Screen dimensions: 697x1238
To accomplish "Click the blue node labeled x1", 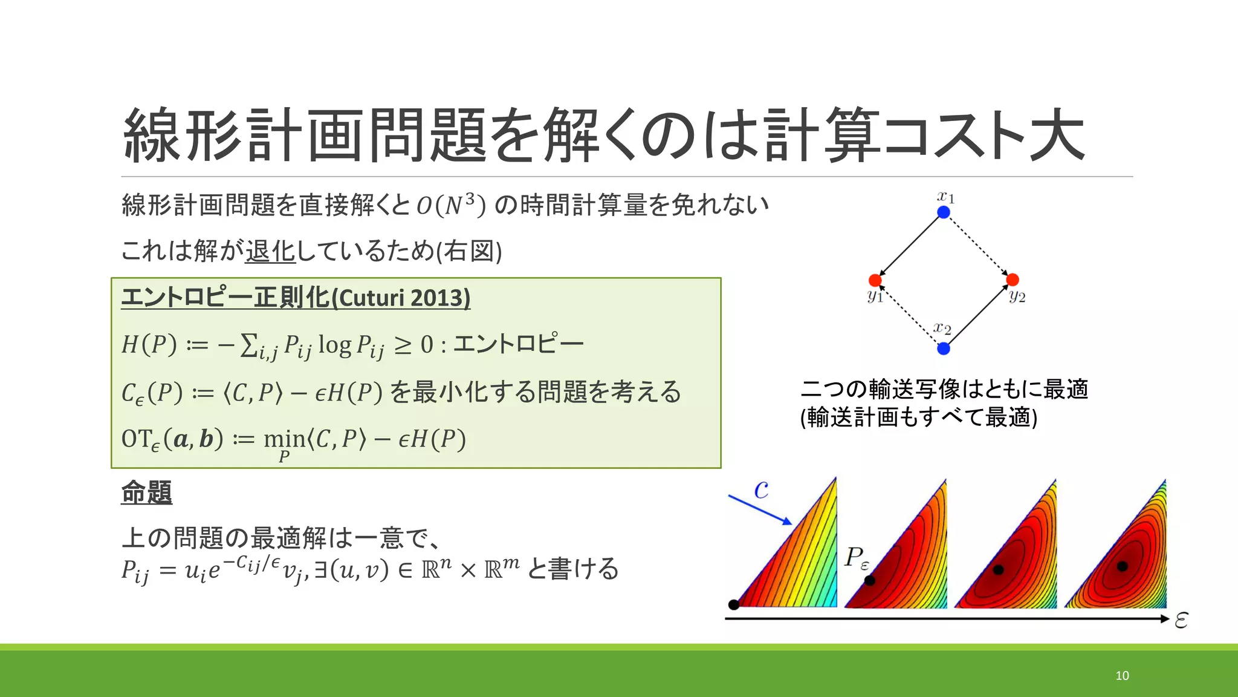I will (x=944, y=212).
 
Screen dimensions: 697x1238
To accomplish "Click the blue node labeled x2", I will (x=944, y=348).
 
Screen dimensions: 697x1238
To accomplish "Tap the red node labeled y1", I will (x=875, y=280).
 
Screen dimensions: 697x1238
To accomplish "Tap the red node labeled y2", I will (x=1013, y=280).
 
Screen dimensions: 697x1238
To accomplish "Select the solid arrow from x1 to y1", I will (x=910, y=246).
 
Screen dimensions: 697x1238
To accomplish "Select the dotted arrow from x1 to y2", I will (x=978, y=246).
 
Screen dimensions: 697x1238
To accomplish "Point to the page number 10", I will (x=1122, y=676).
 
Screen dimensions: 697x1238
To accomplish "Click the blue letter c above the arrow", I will (x=762, y=489).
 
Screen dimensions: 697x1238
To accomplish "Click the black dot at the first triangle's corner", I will (x=734, y=604).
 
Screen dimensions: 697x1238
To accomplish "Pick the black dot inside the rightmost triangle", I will (x=1122, y=566).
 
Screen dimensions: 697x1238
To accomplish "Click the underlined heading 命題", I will (x=146, y=492).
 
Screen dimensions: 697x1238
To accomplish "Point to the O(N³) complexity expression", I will (x=451, y=205).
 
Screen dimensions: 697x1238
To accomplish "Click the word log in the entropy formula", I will (x=334, y=345).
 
